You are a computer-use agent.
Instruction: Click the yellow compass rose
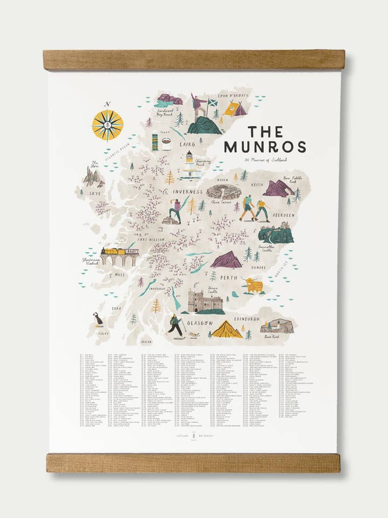coord(107,125)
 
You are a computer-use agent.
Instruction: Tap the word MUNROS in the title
coord(265,147)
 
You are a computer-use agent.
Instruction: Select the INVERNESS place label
coord(188,192)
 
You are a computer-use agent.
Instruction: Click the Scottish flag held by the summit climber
coord(212,102)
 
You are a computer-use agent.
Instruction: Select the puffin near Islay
coord(98,319)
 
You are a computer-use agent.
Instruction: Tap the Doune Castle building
coord(204,301)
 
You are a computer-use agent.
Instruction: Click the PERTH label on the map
coord(228,278)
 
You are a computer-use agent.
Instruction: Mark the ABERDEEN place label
coord(283,215)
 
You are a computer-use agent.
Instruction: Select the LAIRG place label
coord(187,145)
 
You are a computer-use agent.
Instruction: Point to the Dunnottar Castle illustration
coord(275,234)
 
